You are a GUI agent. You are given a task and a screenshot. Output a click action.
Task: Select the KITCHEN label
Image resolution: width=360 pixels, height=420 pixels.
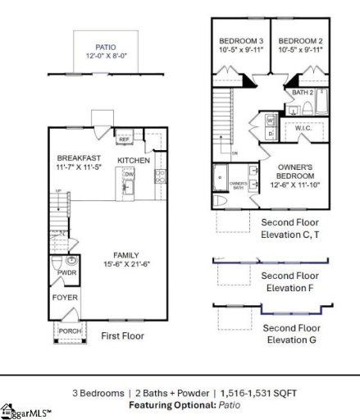pyautogui.click(x=134, y=160)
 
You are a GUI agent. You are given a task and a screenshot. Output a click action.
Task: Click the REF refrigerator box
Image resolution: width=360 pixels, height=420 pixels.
pyautogui.click(x=125, y=139)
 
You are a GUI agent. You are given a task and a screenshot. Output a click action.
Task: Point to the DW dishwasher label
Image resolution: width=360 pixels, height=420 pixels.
pyautogui.click(x=128, y=175)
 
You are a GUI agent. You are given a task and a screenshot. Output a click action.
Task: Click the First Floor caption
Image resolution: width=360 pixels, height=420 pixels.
pyautogui.click(x=122, y=336)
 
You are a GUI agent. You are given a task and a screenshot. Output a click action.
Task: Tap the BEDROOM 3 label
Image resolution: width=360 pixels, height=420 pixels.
pyautogui.click(x=239, y=41)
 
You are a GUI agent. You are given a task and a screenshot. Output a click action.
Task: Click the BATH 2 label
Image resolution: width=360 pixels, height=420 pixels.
pyautogui.click(x=301, y=93)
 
